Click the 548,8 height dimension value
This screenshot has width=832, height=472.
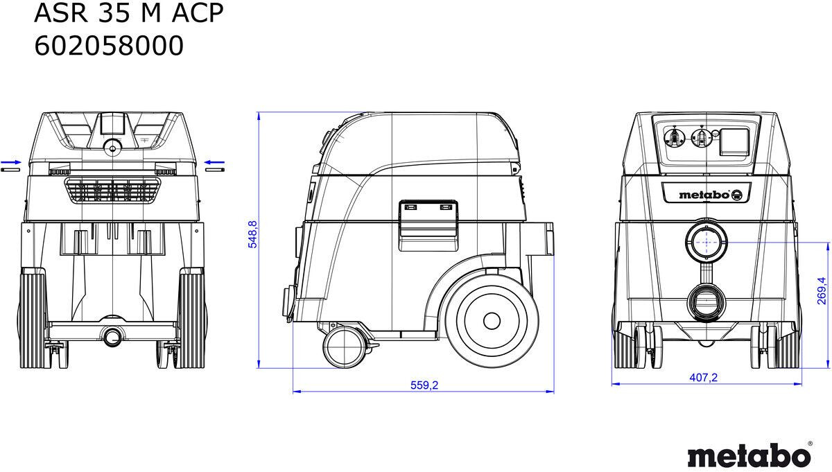pyautogui.click(x=252, y=234)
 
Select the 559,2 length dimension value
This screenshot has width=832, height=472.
pyautogui.click(x=424, y=385)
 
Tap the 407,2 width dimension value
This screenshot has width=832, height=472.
pyautogui.click(x=704, y=377)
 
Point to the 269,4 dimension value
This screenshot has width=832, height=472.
pyautogui.click(x=822, y=291)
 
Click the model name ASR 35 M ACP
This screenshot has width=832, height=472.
pyautogui.click(x=129, y=13)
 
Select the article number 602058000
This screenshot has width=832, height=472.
pyautogui.click(x=109, y=46)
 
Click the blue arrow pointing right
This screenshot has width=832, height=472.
pyautogui.click(x=11, y=162)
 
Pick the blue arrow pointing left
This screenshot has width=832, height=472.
pyautogui.click(x=214, y=162)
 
